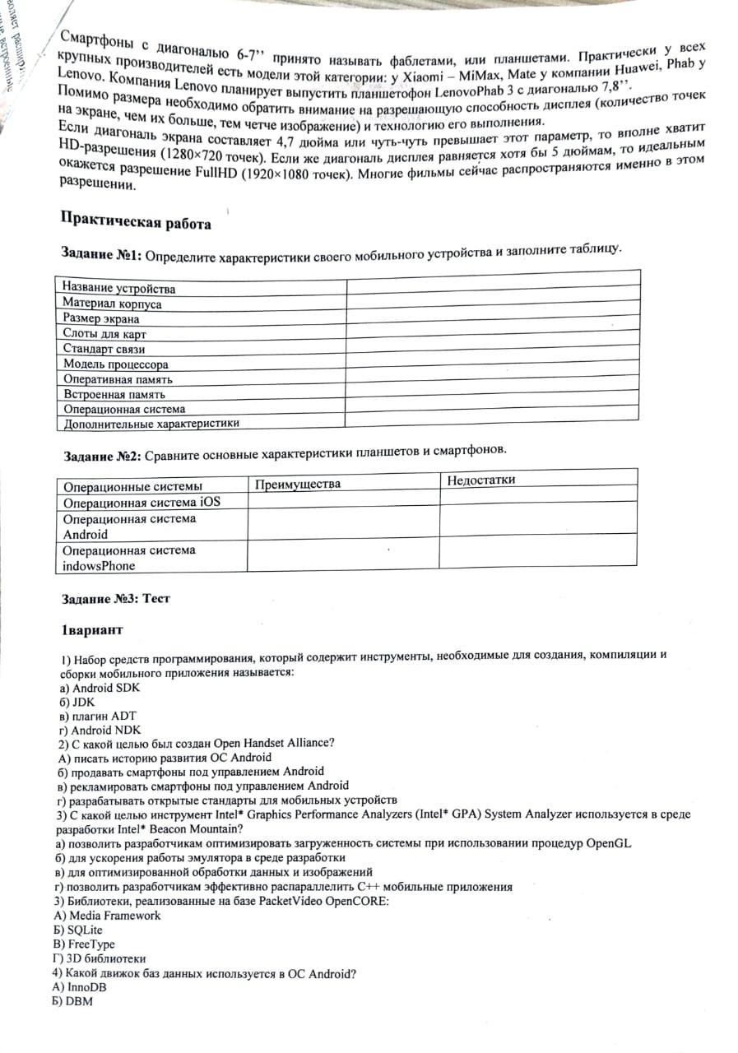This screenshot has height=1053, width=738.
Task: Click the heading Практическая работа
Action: pyautogui.click(x=136, y=223)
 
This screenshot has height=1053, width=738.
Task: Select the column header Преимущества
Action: pyautogui.click(x=297, y=484)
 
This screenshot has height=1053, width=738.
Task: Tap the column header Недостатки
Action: pyautogui.click(x=481, y=480)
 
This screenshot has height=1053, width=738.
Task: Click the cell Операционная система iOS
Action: pyautogui.click(x=142, y=502)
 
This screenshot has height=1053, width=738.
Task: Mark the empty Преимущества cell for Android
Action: pyautogui.click(x=342, y=525)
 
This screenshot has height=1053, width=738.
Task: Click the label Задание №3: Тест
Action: pyautogui.click(x=116, y=598)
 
